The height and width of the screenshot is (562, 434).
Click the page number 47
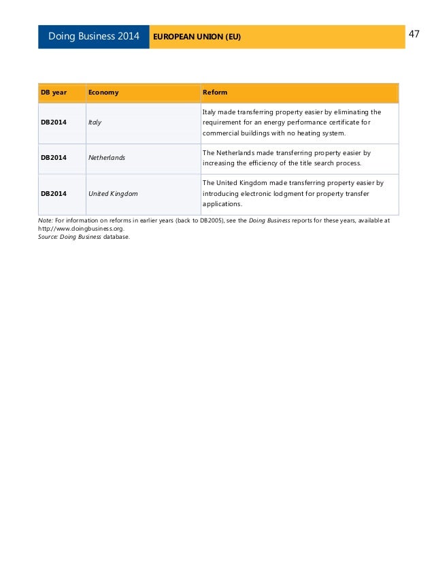coord(414,34)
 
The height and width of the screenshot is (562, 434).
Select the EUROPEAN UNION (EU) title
coord(197,36)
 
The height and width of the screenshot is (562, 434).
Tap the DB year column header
coord(53,92)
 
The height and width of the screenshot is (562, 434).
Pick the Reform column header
coord(215,92)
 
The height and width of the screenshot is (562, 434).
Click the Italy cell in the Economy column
coord(95,122)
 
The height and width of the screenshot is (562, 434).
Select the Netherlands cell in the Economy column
coord(107,158)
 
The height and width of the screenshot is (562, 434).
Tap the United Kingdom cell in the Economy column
coord(113,193)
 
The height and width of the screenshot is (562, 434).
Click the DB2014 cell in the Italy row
coord(54,122)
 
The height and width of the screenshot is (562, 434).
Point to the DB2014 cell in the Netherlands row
coord(54,158)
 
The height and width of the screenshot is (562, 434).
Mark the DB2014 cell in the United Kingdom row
coord(54,193)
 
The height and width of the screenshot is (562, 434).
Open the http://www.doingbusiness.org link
coord(81,229)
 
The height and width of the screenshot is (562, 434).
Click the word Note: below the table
coord(46,221)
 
